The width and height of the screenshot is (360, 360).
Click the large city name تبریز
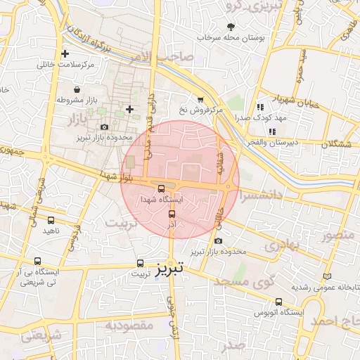[x=170, y=269]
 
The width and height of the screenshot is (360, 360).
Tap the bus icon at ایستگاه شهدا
[x=162, y=188]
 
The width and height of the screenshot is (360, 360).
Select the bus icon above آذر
[x=172, y=213]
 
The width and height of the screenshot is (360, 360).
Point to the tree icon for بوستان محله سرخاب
[x=231, y=27]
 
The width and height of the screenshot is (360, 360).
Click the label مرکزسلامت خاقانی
[x=66, y=65]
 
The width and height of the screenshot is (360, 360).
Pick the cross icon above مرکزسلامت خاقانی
[x=65, y=53]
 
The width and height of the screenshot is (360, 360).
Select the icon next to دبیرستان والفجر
[x=272, y=131]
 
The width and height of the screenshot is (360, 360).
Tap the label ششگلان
[x=336, y=144]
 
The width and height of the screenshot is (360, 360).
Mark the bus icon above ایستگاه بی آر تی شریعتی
[x=37, y=261]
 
